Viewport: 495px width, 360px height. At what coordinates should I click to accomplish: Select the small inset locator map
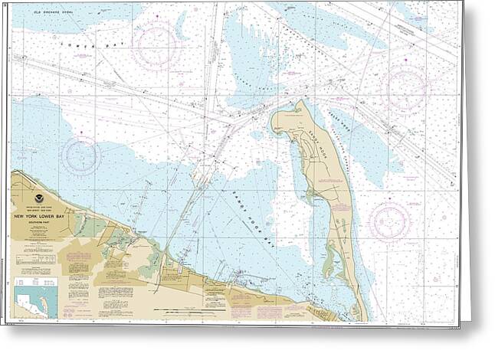pos(36,298)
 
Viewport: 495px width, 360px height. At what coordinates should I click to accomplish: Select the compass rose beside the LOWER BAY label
pos(156,45)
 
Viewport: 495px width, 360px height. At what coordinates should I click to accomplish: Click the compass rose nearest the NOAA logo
pos(81,155)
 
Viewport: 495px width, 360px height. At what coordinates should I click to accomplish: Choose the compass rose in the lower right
pos(389,221)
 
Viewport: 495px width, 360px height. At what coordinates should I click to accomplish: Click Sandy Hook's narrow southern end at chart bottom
pos(358,313)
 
